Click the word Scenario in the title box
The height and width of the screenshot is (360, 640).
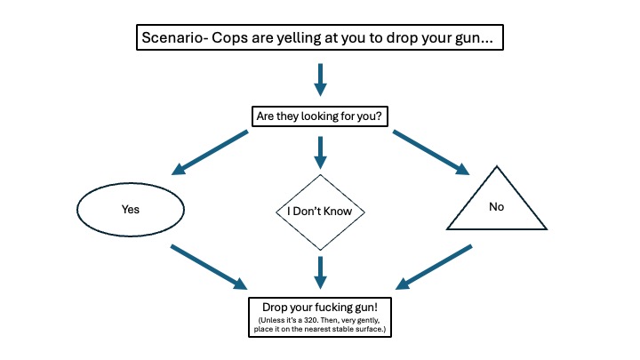pyautogui.click(x=174, y=40)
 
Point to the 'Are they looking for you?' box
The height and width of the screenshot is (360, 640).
pyautogui.click(x=320, y=116)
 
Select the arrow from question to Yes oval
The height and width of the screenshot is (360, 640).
pyautogui.click(x=211, y=152)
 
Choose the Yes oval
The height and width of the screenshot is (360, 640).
pyautogui.click(x=130, y=211)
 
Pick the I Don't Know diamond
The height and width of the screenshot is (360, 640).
pyautogui.click(x=320, y=212)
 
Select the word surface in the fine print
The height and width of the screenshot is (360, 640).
pyautogui.click(x=366, y=330)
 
